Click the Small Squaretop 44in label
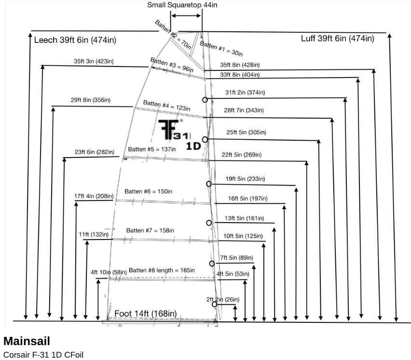(x=183, y=5)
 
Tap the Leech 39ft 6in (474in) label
(x=75, y=40)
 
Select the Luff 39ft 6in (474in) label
(x=337, y=39)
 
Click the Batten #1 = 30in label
(x=221, y=48)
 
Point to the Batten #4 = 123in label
(x=166, y=106)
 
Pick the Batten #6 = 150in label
(x=148, y=191)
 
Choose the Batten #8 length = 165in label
(x=162, y=270)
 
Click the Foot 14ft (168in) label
(x=145, y=314)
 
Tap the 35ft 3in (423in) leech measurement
(x=94, y=61)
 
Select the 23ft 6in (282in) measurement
(x=94, y=152)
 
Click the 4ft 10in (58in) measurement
(x=109, y=272)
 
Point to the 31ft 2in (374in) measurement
(x=245, y=93)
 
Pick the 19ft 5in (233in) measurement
(x=245, y=179)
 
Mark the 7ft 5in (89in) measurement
(x=236, y=258)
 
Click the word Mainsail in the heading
(x=27, y=341)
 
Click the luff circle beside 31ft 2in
(x=205, y=100)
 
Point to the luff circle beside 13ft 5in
(x=209, y=223)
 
